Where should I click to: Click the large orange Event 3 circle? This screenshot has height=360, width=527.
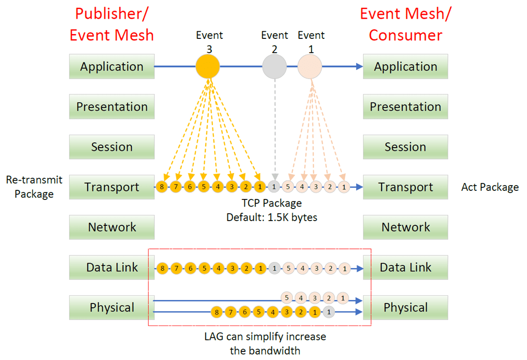(208, 67)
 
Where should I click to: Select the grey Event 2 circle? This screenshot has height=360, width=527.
(274, 67)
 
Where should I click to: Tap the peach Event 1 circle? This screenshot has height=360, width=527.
(310, 67)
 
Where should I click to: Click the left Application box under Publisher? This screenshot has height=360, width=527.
(112, 67)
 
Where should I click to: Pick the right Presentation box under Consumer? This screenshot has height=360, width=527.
(405, 106)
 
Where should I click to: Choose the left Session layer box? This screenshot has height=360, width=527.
(112, 147)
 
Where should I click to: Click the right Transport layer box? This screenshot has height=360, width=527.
(405, 187)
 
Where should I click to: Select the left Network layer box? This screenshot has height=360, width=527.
(112, 227)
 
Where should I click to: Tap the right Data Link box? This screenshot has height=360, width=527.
(405, 267)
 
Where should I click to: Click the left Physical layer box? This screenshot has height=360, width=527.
(112, 307)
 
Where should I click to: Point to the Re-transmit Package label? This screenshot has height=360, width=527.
(34, 187)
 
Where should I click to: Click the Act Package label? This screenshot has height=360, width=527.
(490, 187)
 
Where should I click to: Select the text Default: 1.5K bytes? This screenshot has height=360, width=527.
(271, 217)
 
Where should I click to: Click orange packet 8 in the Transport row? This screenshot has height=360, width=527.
(163, 187)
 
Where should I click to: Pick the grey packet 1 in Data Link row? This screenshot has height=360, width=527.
(274, 268)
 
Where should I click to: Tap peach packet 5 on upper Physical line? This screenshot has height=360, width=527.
(287, 298)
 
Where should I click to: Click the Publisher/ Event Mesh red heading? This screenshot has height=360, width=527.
(112, 24)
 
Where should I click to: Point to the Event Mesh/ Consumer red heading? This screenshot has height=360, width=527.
(405, 24)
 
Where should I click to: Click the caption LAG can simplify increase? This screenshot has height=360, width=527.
(265, 337)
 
